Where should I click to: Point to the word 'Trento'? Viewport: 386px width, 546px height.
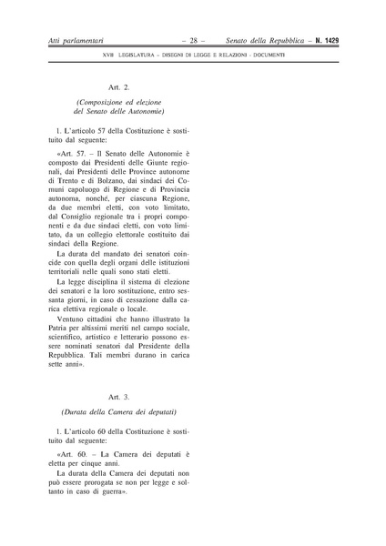pos(66,185)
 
